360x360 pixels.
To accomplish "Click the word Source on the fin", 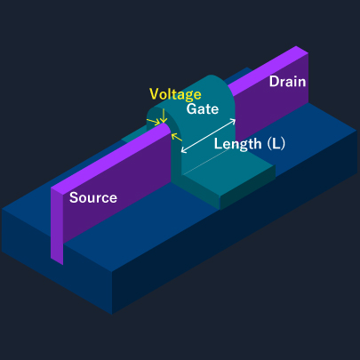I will click(x=93, y=197).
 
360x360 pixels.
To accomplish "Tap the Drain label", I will click(x=287, y=82).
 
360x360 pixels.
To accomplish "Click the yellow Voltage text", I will click(x=175, y=93).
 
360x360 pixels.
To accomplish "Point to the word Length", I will click(x=236, y=143).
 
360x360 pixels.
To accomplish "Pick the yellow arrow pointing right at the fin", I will click(x=156, y=121).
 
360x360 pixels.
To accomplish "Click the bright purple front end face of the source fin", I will click(x=57, y=227).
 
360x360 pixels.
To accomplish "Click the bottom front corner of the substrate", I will click(x=113, y=311).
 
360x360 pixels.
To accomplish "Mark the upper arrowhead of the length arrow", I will click(x=235, y=119).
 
